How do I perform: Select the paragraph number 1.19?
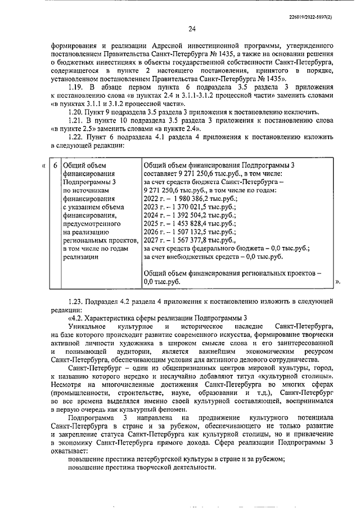76,88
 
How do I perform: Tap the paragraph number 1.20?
76,112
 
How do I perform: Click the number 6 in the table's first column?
55,165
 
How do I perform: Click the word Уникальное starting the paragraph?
86,326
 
